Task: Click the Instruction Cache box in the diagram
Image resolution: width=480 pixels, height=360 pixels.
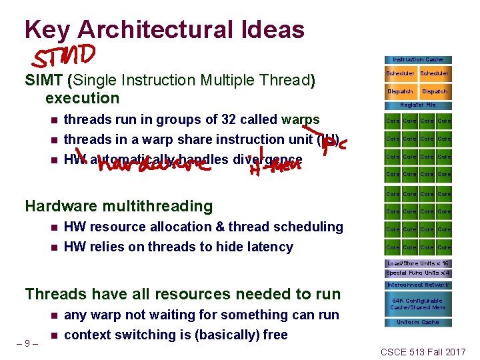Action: click(x=418, y=59)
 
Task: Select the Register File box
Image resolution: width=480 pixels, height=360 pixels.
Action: click(x=418, y=105)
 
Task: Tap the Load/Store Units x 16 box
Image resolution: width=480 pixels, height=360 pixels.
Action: click(x=418, y=263)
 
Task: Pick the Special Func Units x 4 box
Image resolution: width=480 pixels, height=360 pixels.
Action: click(x=418, y=273)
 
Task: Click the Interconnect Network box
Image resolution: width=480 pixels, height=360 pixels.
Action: click(x=418, y=285)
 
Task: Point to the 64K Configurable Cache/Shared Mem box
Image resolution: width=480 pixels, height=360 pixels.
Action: click(x=418, y=304)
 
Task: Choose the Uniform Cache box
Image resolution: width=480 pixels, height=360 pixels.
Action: click(x=418, y=323)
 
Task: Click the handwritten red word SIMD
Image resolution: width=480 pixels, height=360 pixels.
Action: click(x=67, y=56)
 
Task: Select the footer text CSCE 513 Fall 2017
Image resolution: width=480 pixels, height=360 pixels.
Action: click(x=423, y=351)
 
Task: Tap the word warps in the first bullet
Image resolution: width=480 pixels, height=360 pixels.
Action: click(x=301, y=120)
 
